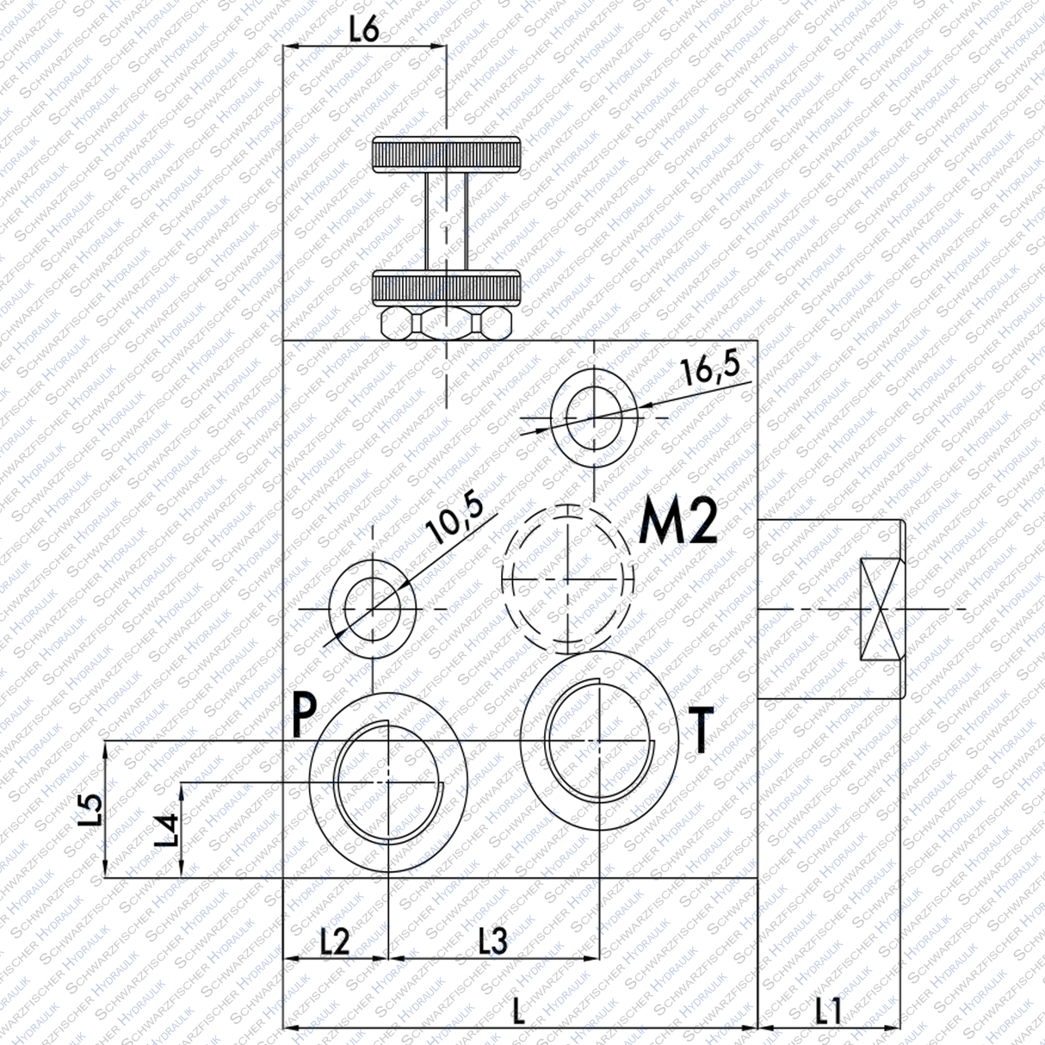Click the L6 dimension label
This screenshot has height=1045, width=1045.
point(364,29)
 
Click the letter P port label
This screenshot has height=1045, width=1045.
point(304,716)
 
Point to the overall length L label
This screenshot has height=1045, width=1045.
point(517,1011)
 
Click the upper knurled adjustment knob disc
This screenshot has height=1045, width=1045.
point(446,154)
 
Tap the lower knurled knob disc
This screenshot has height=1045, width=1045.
point(446,288)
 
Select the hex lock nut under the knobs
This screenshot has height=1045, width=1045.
point(446,324)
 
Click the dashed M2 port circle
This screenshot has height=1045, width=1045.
point(567,578)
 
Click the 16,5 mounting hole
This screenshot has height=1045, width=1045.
point(594,417)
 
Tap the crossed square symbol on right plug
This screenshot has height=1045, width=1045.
point(880,609)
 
